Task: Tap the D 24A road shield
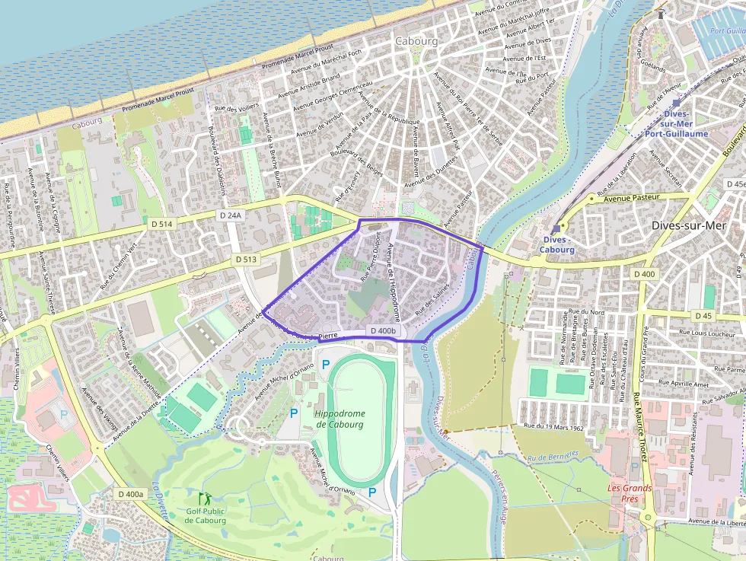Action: point(231,215)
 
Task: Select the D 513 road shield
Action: point(246,259)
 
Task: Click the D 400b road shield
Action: point(383,331)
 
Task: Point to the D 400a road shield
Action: point(131,494)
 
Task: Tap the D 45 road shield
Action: point(703,315)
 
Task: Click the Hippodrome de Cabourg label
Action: point(340,419)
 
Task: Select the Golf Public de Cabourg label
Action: point(206,516)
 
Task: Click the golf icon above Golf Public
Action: point(203,499)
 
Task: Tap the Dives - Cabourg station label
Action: point(556,244)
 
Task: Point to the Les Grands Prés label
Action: point(629,493)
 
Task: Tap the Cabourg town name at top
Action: point(416,41)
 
